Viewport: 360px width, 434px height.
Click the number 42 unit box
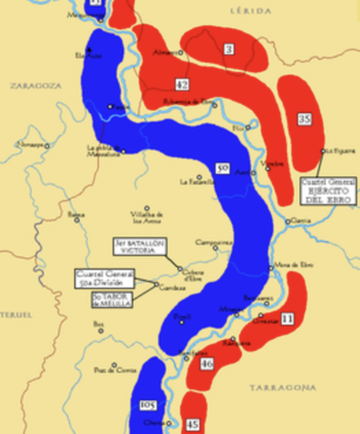[x=182, y=84]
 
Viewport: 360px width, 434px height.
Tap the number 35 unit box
[x=304, y=118]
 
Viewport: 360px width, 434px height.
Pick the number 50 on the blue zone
[x=223, y=167]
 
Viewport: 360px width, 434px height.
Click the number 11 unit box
[x=287, y=318]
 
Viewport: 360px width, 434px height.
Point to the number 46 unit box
[x=206, y=363]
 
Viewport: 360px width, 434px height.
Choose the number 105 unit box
[x=148, y=404]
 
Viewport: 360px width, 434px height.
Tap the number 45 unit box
[x=193, y=423]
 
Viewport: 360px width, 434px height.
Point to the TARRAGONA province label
[x=283, y=386]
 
